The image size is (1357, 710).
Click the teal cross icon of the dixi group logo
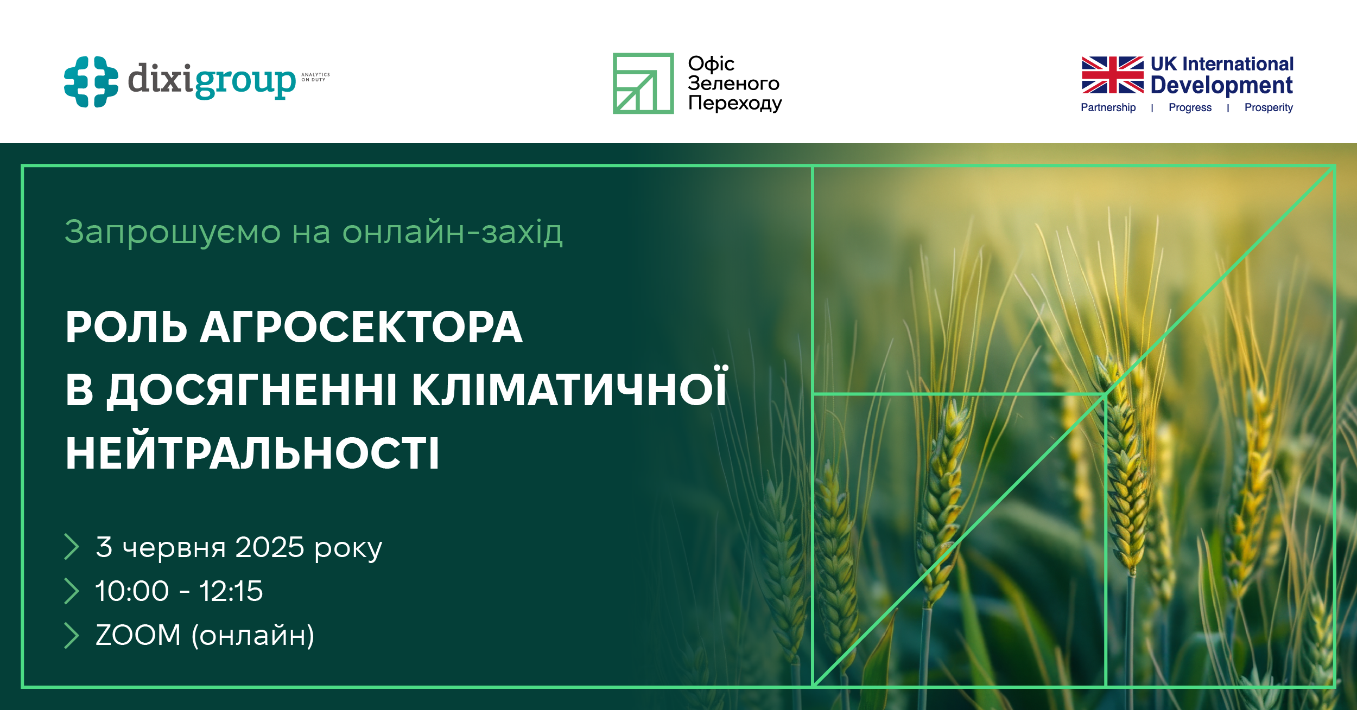(91, 81)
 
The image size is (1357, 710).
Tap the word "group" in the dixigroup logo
(245, 81)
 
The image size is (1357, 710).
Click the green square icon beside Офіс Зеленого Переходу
(643, 84)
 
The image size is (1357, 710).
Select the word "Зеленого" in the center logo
(733, 84)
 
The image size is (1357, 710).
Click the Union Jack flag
(1112, 75)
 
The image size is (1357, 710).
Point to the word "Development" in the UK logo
(1221, 85)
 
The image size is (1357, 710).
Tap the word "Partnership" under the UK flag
(1108, 107)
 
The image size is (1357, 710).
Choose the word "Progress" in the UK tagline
(1190, 107)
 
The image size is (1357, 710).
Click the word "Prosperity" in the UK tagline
(1269, 107)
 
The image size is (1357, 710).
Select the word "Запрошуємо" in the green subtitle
(173, 232)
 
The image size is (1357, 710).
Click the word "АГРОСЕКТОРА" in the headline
(361, 327)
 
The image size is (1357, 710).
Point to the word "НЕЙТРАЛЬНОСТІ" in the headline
(252, 453)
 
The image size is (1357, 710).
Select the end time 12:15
(231, 591)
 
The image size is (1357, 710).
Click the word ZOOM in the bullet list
(138, 635)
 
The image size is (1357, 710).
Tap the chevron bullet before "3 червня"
(72, 547)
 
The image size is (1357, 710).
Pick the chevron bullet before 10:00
(72, 591)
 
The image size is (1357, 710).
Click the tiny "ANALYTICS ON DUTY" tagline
(315, 77)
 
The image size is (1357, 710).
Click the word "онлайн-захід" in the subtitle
(452, 232)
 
